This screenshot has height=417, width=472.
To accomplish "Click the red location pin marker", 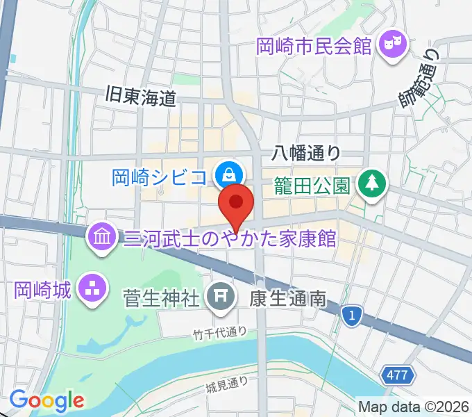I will click(236, 203).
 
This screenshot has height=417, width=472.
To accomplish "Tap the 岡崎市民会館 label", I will click(314, 47).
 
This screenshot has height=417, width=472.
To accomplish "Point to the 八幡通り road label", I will click(307, 152).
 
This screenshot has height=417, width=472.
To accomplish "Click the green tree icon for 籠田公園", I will click(370, 183).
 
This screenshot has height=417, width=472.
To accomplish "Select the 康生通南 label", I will click(287, 299).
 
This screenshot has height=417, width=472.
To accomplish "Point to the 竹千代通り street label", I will click(219, 333).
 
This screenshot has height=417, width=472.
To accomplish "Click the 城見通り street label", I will click(227, 383).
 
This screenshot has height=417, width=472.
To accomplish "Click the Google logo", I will click(47, 400).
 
